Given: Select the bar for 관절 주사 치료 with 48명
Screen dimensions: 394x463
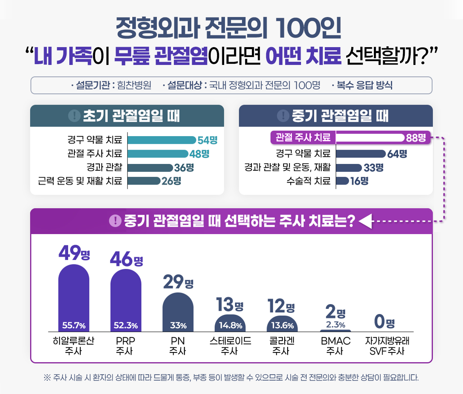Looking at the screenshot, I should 157,154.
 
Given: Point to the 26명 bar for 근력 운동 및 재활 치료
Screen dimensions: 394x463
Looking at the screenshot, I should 144,181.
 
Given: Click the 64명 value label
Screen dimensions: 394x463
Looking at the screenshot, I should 397,154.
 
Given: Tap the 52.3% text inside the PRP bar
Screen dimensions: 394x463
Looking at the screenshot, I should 126,326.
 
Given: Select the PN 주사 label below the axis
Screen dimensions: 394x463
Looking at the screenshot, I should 178,346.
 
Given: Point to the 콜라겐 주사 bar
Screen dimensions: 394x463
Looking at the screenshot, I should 282,324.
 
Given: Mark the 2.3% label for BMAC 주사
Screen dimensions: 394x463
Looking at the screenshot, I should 335,325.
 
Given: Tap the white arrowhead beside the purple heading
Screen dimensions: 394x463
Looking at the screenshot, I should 366,221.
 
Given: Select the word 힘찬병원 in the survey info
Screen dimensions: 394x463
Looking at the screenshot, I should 132,86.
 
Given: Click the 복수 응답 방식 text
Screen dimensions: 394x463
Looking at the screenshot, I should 364,86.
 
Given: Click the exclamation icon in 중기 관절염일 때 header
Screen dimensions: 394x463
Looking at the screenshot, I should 282,116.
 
